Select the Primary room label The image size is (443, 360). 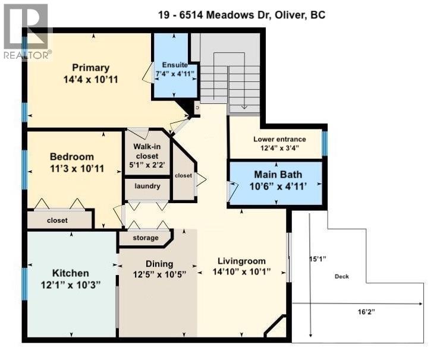92,67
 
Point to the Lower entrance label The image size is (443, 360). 279,140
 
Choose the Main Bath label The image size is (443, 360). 278,175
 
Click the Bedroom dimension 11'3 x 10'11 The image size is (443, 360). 71,168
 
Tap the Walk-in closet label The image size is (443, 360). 146,156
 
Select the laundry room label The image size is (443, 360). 147,187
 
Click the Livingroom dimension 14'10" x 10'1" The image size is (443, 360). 241,272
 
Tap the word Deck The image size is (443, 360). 341,276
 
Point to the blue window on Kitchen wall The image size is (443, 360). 25,283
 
